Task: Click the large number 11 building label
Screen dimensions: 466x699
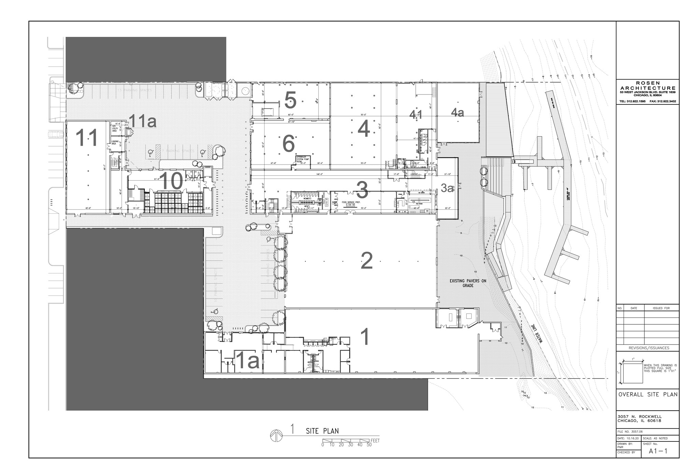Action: pos(87,138)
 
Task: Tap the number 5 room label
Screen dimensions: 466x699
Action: pos(290,100)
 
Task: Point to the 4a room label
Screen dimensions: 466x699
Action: pos(457,112)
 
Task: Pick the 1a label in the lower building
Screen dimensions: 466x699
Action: pos(248,361)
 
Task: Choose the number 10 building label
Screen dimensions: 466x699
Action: pos(171,181)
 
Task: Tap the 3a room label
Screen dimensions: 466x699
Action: pos(447,188)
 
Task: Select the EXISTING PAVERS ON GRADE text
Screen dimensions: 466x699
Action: pos(468,283)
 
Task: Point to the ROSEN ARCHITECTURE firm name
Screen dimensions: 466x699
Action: pos(647,86)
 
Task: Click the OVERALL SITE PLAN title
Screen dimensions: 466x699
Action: pos(647,394)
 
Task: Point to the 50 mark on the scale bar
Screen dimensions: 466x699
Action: pos(369,445)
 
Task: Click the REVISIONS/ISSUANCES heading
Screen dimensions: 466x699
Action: pos(647,348)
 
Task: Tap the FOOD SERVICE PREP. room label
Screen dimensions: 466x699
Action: pos(351,202)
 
